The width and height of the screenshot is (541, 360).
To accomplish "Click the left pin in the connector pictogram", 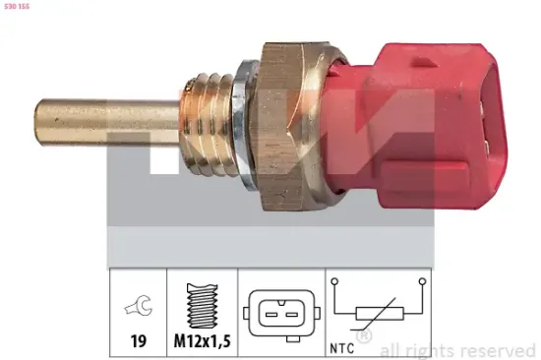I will click(x=268, y=312).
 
